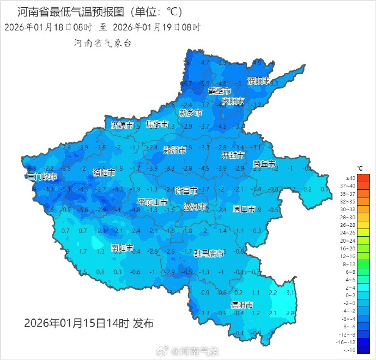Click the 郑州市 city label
point(175,149)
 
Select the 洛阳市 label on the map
point(104,172)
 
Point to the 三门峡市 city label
point(42,177)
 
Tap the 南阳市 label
point(122,248)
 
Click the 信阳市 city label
point(241,304)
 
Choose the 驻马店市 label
point(209,253)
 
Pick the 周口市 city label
point(244,208)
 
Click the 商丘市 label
point(264,164)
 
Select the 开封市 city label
point(233,155)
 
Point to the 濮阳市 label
point(259,81)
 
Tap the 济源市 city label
point(122,125)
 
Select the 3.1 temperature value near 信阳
point(290,293)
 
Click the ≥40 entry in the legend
point(350,178)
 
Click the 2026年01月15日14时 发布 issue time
point(89,323)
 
